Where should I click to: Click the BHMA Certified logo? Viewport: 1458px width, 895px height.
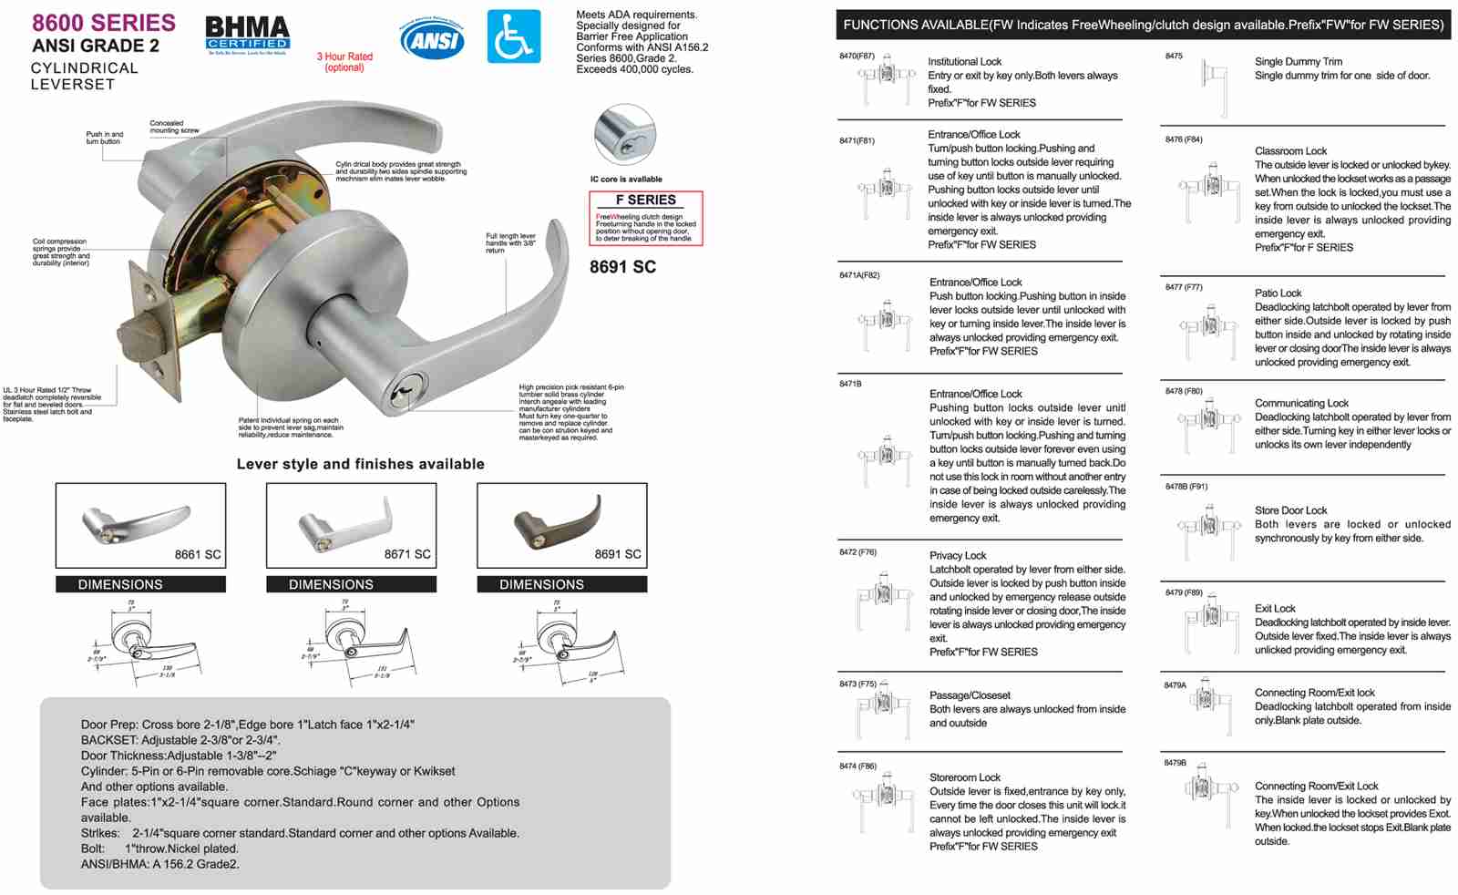point(247,36)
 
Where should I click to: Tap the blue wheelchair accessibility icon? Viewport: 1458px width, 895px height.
point(514,36)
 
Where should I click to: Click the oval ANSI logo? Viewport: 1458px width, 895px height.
point(432,39)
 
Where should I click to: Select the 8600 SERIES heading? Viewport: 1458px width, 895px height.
point(104,23)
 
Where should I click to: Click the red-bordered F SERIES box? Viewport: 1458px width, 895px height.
point(645,218)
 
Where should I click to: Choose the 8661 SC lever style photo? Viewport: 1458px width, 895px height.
point(140,526)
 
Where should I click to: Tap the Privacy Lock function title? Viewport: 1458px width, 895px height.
point(958,555)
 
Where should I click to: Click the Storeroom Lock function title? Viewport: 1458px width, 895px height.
point(964,777)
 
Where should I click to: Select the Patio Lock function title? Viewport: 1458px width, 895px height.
point(1278,293)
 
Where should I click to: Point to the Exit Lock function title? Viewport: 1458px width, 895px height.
point(1274,608)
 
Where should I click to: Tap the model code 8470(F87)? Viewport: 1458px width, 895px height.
point(857,57)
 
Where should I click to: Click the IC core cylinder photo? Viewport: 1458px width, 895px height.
point(624,135)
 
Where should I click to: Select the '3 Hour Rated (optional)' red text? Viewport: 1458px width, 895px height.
point(344,62)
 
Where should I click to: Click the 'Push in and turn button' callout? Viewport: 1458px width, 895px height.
point(104,138)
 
